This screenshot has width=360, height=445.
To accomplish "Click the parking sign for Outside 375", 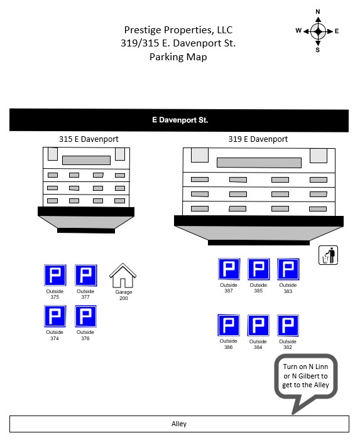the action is [55, 275].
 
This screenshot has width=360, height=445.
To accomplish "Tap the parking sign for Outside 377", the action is [86, 275].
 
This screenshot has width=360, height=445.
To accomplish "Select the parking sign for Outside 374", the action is [55, 316].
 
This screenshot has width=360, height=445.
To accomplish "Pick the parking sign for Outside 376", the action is [85, 316].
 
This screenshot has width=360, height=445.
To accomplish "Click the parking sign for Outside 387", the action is [229, 269].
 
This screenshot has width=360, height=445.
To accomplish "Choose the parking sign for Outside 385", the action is [259, 269].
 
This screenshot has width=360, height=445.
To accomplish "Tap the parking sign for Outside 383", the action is [288, 269].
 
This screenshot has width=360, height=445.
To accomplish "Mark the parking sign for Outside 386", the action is [229, 325].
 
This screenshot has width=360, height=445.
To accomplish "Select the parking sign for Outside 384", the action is [258, 325].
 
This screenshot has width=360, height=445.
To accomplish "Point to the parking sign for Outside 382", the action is [288, 326].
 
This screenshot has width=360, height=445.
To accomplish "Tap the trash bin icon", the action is [328, 255].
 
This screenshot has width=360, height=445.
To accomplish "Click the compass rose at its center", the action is [319, 31].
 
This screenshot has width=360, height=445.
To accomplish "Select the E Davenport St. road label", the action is [180, 120].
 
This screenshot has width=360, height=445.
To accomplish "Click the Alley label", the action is [179, 424].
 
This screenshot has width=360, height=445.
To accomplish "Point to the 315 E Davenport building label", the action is [89, 139].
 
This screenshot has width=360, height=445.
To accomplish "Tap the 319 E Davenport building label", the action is [258, 139].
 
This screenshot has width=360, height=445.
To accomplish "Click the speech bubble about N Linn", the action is [306, 376].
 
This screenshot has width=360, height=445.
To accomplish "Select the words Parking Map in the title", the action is [178, 57].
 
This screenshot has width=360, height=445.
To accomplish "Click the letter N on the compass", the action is [318, 12].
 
